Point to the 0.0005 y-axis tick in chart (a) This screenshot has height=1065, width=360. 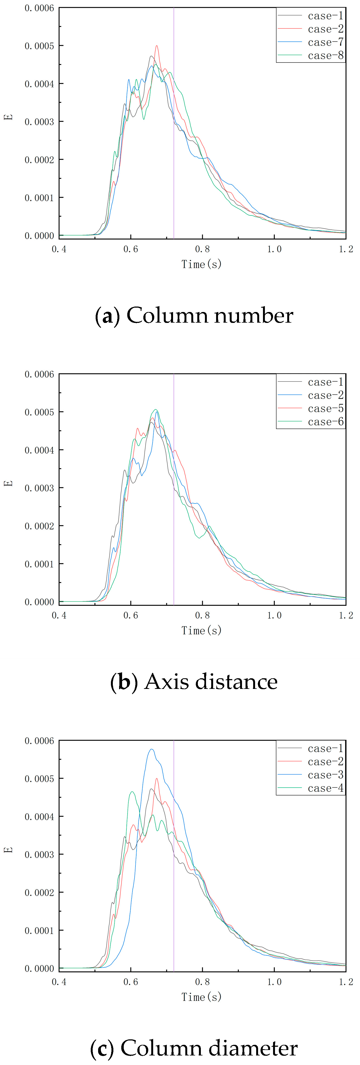click(39, 46)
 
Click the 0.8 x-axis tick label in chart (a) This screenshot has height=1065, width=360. click(202, 249)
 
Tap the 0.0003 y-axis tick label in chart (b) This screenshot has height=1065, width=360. click(39, 488)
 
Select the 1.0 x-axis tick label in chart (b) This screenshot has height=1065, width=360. click(274, 615)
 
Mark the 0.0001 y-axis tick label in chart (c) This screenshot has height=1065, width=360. click(39, 931)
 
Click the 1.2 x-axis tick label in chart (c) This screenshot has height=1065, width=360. click(346, 982)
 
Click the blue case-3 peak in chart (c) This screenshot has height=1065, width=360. click(151, 749)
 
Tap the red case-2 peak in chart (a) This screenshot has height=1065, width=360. click(157, 46)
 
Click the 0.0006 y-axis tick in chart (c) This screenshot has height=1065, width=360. click(39, 741)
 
